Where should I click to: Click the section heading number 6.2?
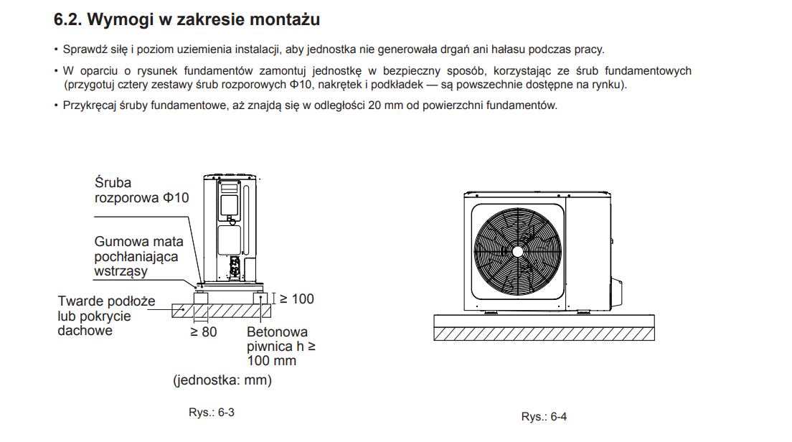tap(67, 19)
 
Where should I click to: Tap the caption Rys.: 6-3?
tap(212, 412)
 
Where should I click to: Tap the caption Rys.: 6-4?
tap(544, 417)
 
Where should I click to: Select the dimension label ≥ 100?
tap(297, 299)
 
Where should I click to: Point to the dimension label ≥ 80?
tap(203, 332)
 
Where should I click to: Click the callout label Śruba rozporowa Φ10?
tap(141, 190)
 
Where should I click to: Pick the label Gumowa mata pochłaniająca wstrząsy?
tap(138, 257)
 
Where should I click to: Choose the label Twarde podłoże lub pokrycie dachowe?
tap(106, 316)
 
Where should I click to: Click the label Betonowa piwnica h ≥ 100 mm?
tap(280, 346)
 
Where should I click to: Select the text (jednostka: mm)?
tap(222, 380)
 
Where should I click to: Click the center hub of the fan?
tap(518, 251)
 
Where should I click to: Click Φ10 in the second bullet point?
tap(301, 85)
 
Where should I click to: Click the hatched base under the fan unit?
tap(544, 334)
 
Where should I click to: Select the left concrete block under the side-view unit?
tap(201, 298)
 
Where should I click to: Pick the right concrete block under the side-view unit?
tap(260, 298)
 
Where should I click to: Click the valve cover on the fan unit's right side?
tap(616, 293)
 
